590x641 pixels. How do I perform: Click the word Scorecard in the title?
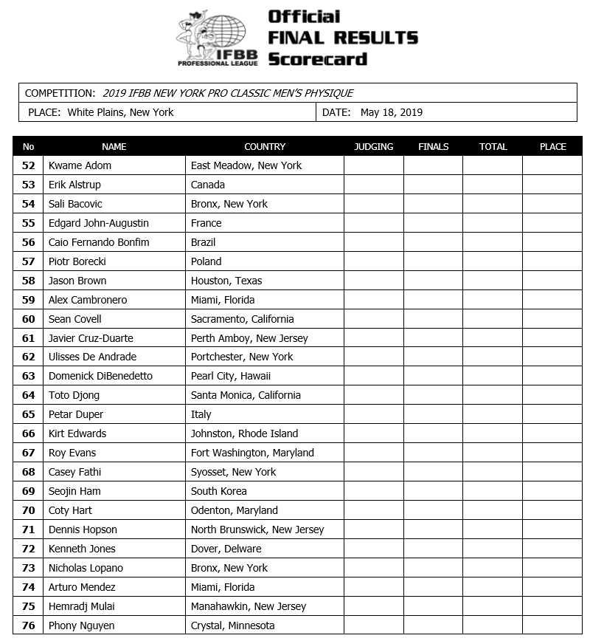tap(317, 58)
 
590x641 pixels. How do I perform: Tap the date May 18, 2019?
tap(391, 113)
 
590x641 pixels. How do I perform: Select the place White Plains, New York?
tap(120, 113)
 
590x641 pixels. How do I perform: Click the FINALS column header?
tap(433, 146)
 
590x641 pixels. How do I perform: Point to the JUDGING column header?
tap(373, 146)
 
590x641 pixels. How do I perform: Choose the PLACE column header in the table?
tap(552, 146)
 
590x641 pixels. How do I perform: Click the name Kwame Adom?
tap(80, 165)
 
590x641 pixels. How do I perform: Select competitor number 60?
tap(29, 319)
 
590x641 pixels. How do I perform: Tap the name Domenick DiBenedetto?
tap(100, 376)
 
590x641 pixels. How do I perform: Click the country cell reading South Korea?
tap(218, 491)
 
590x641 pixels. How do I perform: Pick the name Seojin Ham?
tap(74, 491)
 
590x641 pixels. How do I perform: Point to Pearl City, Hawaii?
tap(230, 376)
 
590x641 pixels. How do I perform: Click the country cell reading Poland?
tap(206, 261)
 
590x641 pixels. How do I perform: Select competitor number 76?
tap(29, 625)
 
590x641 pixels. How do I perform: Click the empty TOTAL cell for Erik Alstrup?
tap(493, 185)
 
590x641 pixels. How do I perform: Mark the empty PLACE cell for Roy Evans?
tap(552, 453)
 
